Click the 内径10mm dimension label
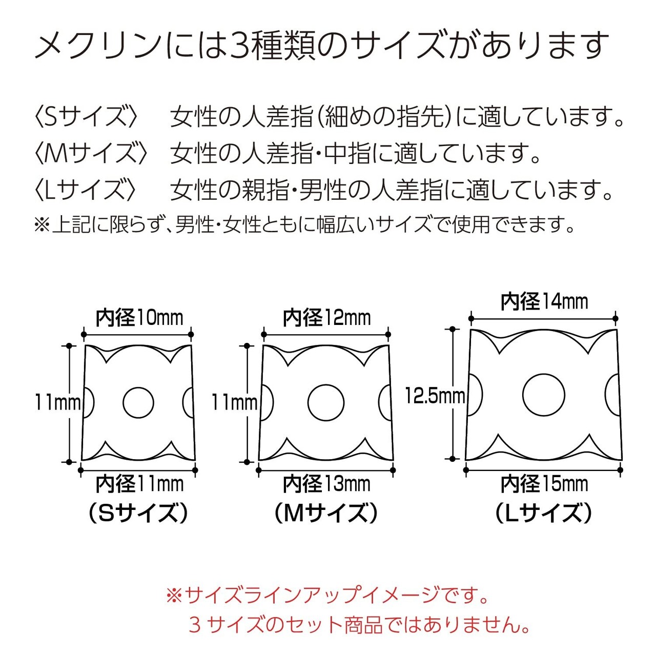pos(139,318)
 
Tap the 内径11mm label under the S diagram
pos(139,484)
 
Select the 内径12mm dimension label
pos(326,318)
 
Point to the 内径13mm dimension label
pos(326,484)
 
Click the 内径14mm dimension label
pos(544,301)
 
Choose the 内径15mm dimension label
pos(544,484)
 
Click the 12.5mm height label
pos(435,396)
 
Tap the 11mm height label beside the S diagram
pos(57,402)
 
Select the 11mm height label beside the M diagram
pos(234,402)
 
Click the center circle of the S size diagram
pos(138,402)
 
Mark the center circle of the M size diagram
pos(326,402)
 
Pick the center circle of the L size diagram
pos(544,396)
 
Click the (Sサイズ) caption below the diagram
pos(138,513)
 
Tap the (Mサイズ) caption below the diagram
pos(326,513)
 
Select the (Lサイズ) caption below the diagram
pos(544,513)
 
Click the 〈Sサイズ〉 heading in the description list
pos(86,117)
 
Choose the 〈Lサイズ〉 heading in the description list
pos(85,190)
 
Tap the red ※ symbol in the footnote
pos(174,596)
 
